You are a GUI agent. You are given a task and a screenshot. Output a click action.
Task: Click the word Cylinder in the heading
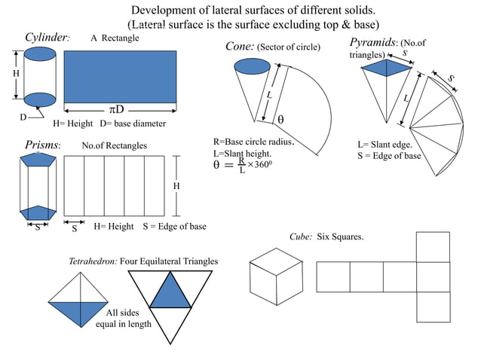coord(46,38)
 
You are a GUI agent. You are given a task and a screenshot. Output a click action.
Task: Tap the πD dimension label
coord(115,110)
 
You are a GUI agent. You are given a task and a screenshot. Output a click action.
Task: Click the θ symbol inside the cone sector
coord(280,120)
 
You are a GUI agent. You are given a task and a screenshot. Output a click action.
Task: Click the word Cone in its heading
coord(240,47)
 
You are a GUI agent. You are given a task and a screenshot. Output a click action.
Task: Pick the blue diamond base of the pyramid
coord(385,69)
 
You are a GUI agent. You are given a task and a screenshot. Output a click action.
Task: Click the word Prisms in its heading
coord(41,145)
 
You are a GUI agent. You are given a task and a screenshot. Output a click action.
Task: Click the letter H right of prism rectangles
coord(176,186)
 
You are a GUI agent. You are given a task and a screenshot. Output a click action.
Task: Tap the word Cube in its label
coord(300,236)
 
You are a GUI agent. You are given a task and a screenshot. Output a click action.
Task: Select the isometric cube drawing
coord(276,275)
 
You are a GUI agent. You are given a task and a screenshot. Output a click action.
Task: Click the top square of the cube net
coord(433,246)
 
